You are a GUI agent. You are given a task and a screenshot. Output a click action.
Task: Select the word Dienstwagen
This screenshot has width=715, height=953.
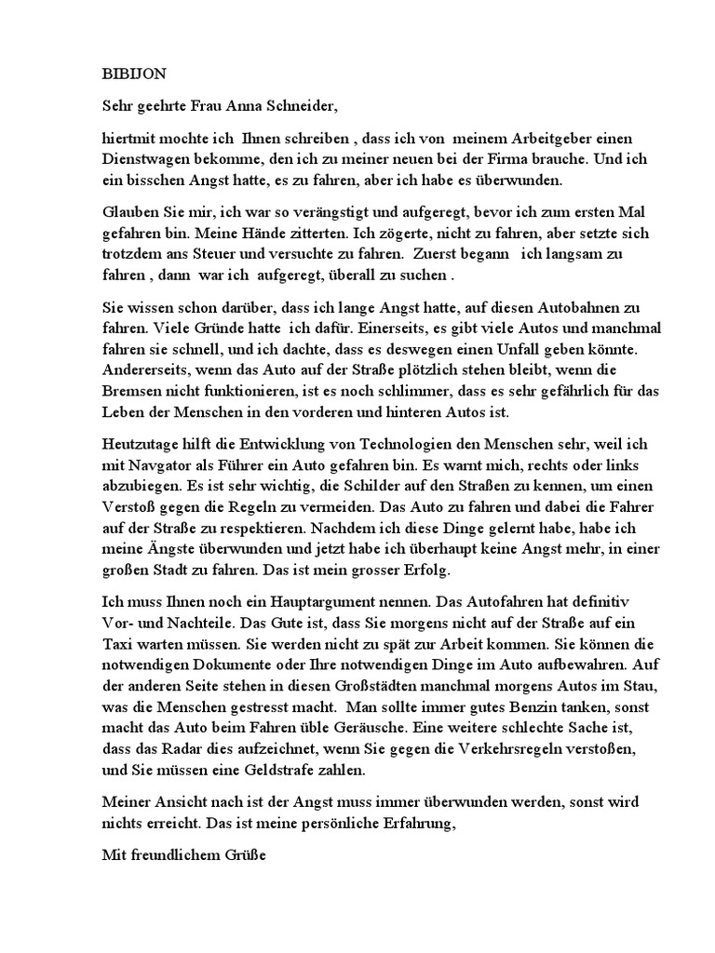147,160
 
